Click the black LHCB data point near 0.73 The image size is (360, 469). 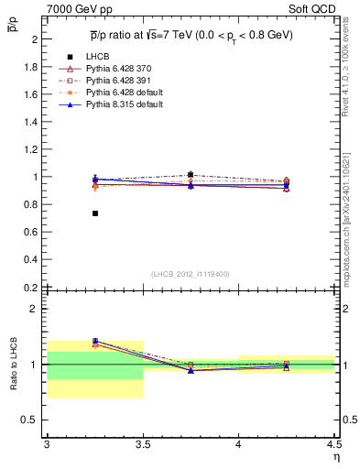pos(94,213)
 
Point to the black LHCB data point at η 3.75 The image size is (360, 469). pos(190,174)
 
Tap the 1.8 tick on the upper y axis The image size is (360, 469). pos(30,67)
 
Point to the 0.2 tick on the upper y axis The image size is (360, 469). pos(30,287)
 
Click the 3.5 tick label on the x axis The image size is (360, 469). pos(142,444)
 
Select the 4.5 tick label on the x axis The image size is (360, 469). pos(333,444)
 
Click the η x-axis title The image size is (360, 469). pos(335,456)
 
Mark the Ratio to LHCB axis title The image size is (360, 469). pos(11,364)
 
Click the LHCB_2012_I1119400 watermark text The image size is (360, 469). pos(190,273)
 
